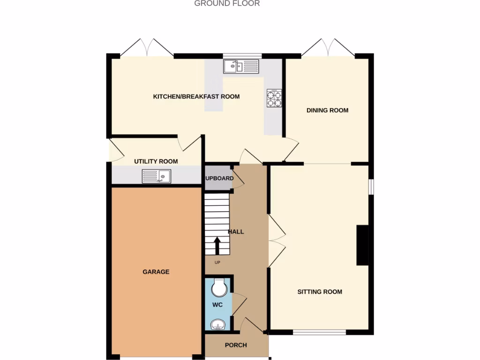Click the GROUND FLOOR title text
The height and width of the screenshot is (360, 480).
coord(227,3)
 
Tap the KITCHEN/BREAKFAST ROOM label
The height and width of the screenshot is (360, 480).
coord(196,97)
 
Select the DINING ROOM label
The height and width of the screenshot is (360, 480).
coord(328,111)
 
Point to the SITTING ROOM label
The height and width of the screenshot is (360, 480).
coord(320,292)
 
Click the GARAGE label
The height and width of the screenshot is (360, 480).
coord(156,272)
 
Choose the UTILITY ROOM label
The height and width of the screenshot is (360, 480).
coord(156,161)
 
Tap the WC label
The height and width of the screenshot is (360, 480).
coord(217,305)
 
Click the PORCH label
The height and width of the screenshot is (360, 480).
coord(236,345)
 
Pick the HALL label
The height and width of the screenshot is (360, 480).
coord(236,232)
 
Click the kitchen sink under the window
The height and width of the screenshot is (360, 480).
coord(241,67)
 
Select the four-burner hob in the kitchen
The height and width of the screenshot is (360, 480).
coord(274,98)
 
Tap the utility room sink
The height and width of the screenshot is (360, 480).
coord(157,176)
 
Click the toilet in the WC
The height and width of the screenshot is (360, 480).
coord(218,287)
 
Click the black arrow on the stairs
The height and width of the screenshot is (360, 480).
coord(217,245)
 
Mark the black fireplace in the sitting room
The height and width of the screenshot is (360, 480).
coord(362,245)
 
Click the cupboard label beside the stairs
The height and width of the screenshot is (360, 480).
coord(219,178)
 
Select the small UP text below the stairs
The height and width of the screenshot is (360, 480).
coord(217,262)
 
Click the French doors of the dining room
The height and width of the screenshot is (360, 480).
coord(328,48)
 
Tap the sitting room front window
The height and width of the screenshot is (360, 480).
coord(320,332)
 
